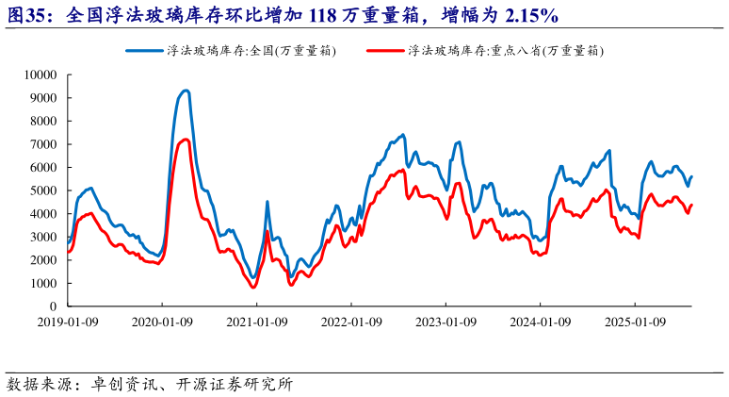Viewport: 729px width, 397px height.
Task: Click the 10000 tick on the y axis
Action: coord(40,74)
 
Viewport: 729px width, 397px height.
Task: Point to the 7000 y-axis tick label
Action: coord(43,144)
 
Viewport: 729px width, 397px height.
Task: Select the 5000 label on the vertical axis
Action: coord(43,190)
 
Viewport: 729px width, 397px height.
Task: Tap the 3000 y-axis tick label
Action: coord(43,237)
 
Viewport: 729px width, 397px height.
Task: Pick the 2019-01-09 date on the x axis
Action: coord(68,321)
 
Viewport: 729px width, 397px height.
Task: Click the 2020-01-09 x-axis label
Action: coord(162,321)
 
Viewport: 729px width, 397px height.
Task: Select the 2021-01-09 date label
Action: coord(257,321)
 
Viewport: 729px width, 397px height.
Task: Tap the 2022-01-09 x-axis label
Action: coord(351,321)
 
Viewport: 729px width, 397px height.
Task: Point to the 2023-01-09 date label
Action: coord(446,321)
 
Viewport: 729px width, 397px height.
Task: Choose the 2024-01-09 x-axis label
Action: coord(541,321)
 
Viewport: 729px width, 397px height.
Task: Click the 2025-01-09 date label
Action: coord(635,321)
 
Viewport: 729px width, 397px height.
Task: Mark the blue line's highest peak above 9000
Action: coord(186,91)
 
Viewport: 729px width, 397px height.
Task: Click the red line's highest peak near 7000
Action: coord(186,140)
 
